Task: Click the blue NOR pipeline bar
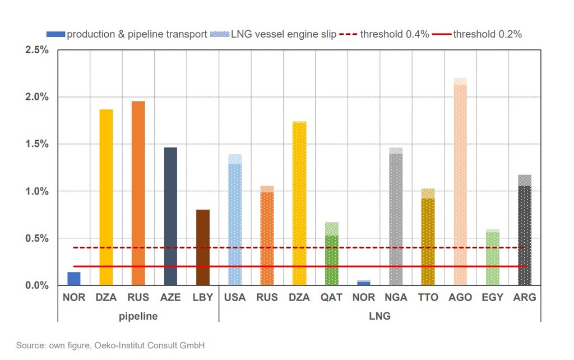74,279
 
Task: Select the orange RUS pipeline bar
138,193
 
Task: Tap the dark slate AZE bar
170,216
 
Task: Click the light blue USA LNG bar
235,221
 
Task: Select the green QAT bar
331,255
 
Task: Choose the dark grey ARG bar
525,231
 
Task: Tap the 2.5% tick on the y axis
37,50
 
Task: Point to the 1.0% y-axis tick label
37,191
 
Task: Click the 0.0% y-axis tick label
37,285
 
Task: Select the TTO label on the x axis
428,298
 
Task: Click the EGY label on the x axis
492,298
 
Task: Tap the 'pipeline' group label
138,316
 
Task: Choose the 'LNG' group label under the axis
379,316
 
